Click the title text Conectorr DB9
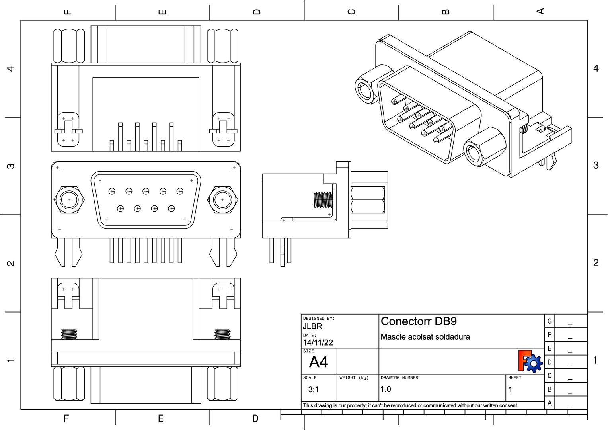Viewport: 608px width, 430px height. point(419,321)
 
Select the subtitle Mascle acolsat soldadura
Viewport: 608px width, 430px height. point(425,337)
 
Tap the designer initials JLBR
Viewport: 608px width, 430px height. point(312,326)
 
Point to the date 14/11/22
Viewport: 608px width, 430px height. point(318,343)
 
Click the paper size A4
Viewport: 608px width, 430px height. point(318,362)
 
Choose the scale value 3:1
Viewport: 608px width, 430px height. point(314,389)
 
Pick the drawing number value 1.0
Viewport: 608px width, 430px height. point(386,389)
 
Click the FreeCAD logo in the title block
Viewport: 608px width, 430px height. point(530,361)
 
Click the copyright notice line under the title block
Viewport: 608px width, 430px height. point(411,406)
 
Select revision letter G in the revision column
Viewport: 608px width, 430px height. point(550,321)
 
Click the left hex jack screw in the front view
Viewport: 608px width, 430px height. point(69,200)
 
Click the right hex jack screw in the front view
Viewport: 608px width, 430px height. point(222,200)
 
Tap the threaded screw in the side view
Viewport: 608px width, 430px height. point(323,200)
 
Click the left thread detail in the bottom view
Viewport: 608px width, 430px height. point(69,334)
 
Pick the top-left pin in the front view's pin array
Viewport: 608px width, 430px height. point(112,192)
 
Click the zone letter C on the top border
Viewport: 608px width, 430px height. point(351,11)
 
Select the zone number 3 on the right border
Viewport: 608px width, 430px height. point(596,165)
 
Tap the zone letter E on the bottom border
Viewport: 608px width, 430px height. point(161,418)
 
